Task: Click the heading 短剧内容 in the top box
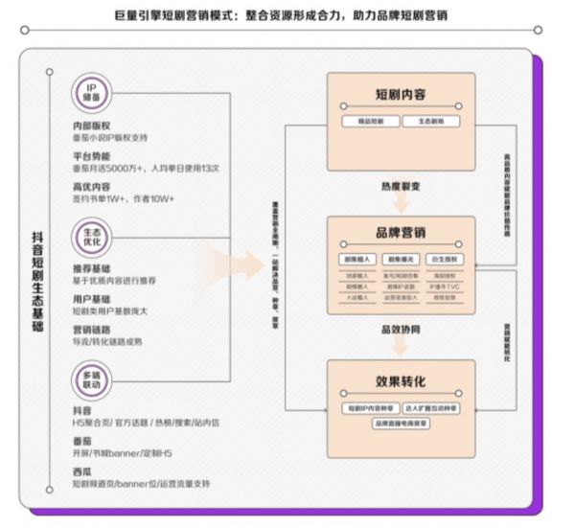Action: pyautogui.click(x=401, y=95)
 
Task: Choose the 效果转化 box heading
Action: pyautogui.click(x=401, y=380)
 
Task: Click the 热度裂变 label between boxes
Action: pyautogui.click(x=401, y=186)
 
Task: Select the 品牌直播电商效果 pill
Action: pyautogui.click(x=402, y=423)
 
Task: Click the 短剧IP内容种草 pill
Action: pyautogui.click(x=371, y=407)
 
